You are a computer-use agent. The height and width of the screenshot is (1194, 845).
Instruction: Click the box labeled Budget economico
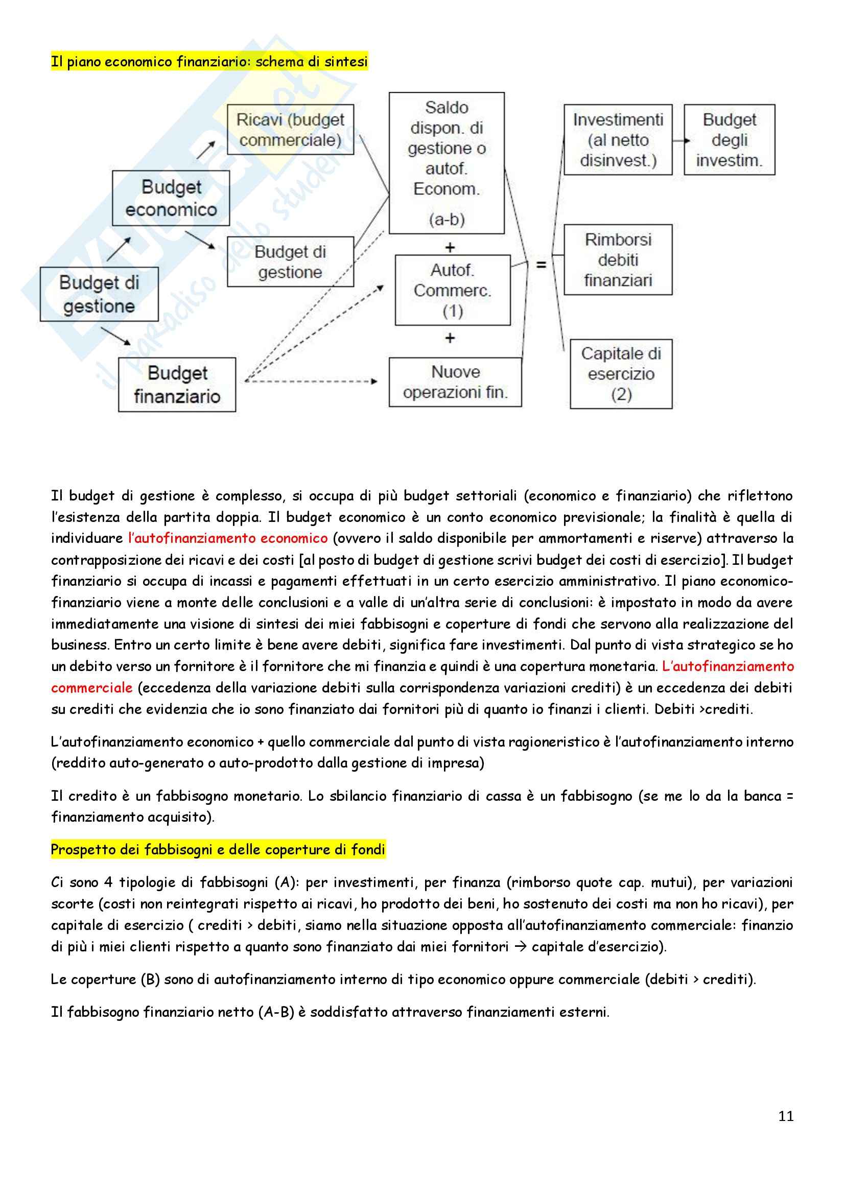point(171,198)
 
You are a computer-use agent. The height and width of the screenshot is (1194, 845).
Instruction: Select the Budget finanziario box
point(177,385)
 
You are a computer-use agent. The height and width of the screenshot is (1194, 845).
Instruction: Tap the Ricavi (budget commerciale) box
point(290,130)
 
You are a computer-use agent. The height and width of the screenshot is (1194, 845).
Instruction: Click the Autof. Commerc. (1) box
point(452,290)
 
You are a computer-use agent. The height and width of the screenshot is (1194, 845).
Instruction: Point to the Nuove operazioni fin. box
point(455,381)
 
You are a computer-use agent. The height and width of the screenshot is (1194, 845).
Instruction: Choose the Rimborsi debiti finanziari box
point(618,260)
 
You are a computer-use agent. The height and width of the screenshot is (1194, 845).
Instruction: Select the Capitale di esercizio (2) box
point(621,374)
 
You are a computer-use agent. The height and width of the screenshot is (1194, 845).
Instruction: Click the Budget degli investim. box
point(729,140)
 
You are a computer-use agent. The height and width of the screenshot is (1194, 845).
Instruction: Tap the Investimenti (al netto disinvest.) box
point(618,140)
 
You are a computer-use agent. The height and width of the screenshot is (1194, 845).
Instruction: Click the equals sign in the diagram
point(541,265)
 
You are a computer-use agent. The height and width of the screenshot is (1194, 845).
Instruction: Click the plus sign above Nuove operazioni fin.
point(450,339)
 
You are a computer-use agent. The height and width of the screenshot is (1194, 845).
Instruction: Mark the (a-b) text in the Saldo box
point(447,220)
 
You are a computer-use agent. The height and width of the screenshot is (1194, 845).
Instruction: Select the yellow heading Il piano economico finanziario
point(209,62)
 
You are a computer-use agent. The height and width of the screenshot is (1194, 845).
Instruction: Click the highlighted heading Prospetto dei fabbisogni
point(218,850)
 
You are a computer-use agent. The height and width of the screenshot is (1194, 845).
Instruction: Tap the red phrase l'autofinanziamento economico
point(228,538)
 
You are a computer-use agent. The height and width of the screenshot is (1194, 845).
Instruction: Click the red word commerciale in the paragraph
point(91,687)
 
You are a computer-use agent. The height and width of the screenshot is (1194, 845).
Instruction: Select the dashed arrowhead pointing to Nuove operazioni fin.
point(374,381)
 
